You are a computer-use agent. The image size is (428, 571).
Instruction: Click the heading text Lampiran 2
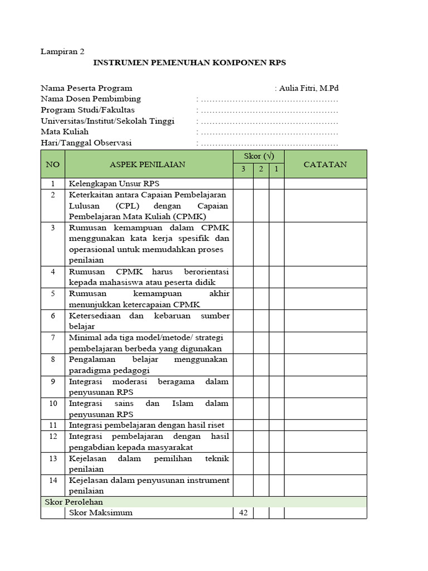pos(62,51)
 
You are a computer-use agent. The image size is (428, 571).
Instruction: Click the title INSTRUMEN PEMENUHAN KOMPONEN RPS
pos(189,63)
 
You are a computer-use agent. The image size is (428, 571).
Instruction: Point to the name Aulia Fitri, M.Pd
pos(306,88)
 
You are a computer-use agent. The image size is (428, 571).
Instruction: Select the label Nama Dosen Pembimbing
pos(91,99)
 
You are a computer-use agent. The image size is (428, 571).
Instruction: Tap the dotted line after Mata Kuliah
pos(269,132)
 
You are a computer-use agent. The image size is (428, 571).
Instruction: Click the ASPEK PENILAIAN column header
pos(148,164)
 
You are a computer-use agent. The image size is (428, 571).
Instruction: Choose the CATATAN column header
pos(325,164)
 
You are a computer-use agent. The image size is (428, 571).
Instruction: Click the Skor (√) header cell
pos(259,157)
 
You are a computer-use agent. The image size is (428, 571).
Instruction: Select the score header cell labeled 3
pos(243,170)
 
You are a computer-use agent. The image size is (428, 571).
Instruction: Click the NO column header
pos(53,164)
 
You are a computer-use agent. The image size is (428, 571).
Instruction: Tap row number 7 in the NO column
pos(53,338)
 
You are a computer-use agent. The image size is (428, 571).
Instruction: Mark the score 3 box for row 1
pos(243,183)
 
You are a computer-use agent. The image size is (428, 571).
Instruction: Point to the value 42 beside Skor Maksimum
pos(243,512)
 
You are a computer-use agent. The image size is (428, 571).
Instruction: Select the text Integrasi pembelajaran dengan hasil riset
pos(147,425)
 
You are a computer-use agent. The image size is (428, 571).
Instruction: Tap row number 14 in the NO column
pos(53,480)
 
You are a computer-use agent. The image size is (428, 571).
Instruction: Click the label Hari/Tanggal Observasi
pos(86,143)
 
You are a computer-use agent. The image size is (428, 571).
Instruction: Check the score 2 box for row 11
pos(261,425)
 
